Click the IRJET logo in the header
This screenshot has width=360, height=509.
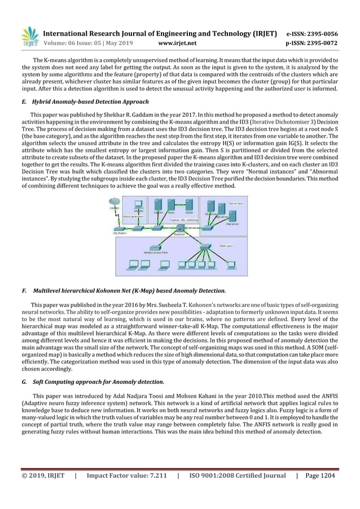click(29, 35)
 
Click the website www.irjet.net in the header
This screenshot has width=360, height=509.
click(178, 42)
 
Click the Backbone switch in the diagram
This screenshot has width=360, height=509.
click(179, 228)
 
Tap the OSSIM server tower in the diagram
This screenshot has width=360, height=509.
click(189, 204)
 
